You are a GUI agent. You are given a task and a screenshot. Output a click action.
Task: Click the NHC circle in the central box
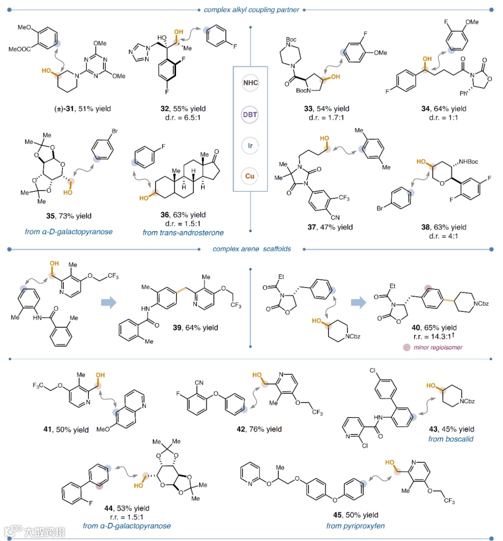coord(251,83)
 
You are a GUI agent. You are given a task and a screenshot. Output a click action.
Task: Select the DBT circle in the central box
coord(250,115)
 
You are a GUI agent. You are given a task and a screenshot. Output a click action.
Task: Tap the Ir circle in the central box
coord(250,146)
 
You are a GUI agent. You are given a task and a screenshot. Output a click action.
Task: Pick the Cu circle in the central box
coord(250,176)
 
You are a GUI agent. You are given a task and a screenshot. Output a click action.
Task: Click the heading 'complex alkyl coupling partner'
coord(251,9)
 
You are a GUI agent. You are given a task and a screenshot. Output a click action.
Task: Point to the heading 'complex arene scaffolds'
coord(251,249)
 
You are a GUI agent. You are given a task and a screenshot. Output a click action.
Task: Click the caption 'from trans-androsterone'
coord(183,232)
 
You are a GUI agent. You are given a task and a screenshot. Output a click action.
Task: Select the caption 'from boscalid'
coord(450,439)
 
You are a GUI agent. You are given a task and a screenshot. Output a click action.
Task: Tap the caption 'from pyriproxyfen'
coord(355,526)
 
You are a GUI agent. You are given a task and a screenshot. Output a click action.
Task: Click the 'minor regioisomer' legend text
coord(438,347)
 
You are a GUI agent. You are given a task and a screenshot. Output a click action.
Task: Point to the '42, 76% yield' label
coord(259,429)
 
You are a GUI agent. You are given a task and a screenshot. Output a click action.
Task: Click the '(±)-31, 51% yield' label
coord(82,109)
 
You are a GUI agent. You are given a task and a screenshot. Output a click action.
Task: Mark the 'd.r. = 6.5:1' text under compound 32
coord(183,118)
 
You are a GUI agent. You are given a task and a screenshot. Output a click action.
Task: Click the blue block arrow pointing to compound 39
coord(109,303)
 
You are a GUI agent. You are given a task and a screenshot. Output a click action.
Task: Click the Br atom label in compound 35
coord(115,131)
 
